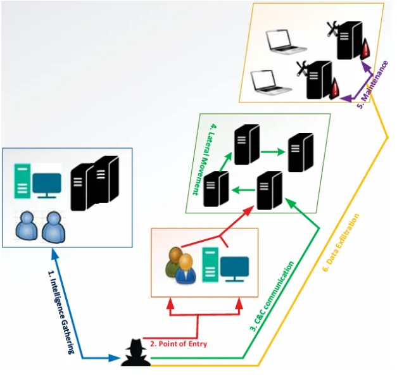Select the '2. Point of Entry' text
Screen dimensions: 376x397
(179, 344)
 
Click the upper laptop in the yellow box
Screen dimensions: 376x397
(285, 42)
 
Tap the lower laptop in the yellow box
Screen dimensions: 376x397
(269, 82)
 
